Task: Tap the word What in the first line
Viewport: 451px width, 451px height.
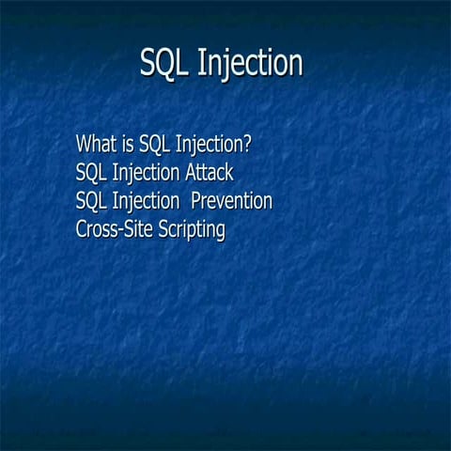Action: (x=97, y=145)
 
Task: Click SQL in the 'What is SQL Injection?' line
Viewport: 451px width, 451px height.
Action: (x=155, y=146)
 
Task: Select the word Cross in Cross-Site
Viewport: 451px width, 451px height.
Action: (x=96, y=230)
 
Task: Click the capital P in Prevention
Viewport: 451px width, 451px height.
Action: (x=196, y=202)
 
